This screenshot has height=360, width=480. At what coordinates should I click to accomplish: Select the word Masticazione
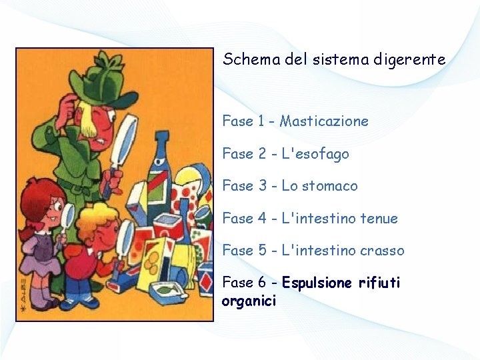tap(324, 121)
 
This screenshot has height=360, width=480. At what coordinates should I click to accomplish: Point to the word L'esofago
tap(314, 154)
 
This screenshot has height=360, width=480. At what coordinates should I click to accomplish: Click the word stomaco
tap(329, 186)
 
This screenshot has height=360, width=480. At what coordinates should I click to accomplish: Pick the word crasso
tap(382, 251)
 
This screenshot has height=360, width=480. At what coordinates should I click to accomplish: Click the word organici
tap(249, 301)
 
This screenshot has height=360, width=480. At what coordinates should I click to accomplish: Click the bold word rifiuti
tap(379, 283)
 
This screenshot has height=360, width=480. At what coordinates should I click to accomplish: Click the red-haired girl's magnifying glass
tap(67, 217)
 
